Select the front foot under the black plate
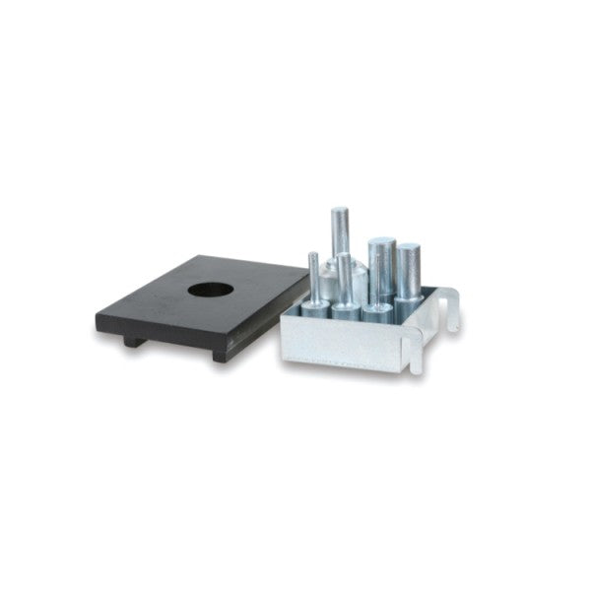click(219, 352)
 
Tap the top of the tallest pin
click(340, 212)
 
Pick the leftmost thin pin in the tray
click(313, 276)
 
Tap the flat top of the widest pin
click(381, 242)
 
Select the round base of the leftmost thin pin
click(315, 307)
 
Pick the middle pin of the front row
click(345, 281)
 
